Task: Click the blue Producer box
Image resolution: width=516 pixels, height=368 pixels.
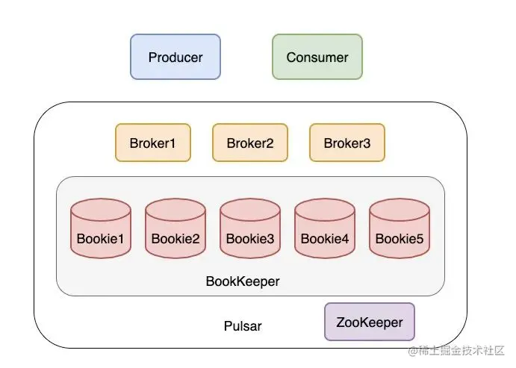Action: point(175,57)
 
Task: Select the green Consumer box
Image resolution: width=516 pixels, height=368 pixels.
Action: point(317,57)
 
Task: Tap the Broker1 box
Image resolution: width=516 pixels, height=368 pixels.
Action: point(153,143)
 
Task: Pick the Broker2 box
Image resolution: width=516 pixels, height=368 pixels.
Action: point(250,143)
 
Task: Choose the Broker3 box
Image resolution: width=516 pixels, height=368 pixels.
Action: point(347,143)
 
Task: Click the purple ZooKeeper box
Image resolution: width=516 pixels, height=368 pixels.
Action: point(370,322)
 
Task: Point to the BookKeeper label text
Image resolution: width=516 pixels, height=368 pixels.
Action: point(243,282)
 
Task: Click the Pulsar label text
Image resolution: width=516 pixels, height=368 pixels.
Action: point(243,327)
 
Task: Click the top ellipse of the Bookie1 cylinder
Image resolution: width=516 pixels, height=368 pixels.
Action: point(101,209)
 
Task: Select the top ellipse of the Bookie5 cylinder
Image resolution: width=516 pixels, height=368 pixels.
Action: point(400,209)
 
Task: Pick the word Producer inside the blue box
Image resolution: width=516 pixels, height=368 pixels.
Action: point(175,57)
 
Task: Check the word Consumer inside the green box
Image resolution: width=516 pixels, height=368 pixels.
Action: point(317,57)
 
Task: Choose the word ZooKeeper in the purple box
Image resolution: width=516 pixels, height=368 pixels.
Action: point(370,323)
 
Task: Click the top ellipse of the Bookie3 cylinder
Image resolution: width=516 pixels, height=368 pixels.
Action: point(250,209)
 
